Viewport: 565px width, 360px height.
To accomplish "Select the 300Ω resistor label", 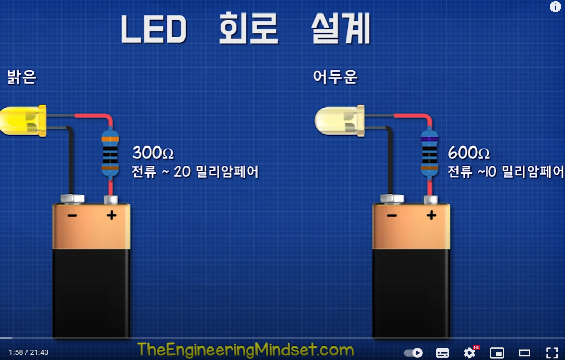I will pyautogui.click(x=153, y=153).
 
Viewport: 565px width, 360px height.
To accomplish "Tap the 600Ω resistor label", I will pyautogui.click(x=469, y=153).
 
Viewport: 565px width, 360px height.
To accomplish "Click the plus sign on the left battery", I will pyautogui.click(x=112, y=215).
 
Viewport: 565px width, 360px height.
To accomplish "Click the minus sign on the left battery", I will pyautogui.click(x=72, y=215).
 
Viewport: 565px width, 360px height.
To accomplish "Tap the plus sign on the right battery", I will pyautogui.click(x=431, y=215).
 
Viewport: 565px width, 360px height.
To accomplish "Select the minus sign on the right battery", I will pyautogui.click(x=392, y=215).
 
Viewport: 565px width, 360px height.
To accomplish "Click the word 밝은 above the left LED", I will pyautogui.click(x=22, y=78).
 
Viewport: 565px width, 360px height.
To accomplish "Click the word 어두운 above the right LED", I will pyautogui.click(x=335, y=78).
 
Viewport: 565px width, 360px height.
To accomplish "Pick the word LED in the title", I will pyautogui.click(x=153, y=30).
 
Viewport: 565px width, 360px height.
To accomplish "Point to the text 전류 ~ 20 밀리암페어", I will pyautogui.click(x=195, y=172).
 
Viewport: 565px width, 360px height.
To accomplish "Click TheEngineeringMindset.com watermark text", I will pyautogui.click(x=246, y=349).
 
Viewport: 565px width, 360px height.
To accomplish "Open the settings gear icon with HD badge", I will pyautogui.click(x=469, y=353).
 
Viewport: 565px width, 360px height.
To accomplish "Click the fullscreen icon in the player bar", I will pyautogui.click(x=552, y=353).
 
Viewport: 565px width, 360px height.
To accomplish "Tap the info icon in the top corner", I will pyautogui.click(x=556, y=7).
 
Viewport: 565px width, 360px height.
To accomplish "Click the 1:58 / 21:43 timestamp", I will pyautogui.click(x=29, y=352).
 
